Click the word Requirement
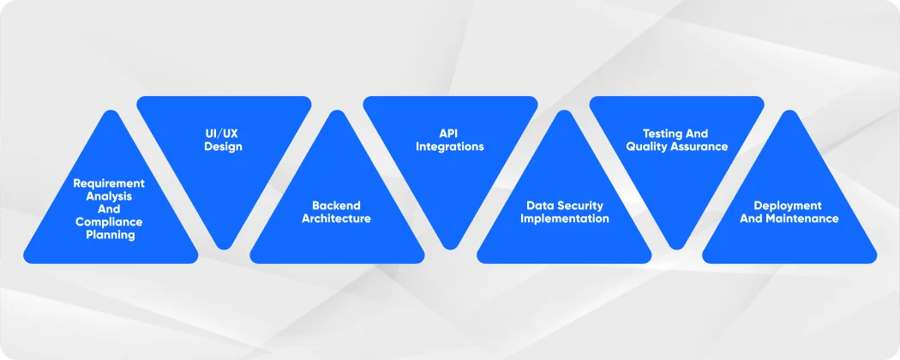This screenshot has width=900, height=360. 109,183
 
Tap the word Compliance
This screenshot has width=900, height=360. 109,222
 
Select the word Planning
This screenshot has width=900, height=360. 109,235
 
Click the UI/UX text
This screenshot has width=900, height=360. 223,134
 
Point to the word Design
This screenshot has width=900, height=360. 223,147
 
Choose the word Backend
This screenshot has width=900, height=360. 336,206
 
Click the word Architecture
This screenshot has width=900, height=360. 336,219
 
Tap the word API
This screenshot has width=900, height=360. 450,134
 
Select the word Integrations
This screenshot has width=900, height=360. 450,147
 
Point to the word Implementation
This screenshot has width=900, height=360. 563,219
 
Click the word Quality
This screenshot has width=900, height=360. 648,147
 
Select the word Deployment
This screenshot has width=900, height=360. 788,206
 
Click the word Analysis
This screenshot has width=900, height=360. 109,196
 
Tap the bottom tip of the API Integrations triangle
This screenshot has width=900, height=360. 450,247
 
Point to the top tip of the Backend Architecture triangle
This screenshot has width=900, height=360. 337,112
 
